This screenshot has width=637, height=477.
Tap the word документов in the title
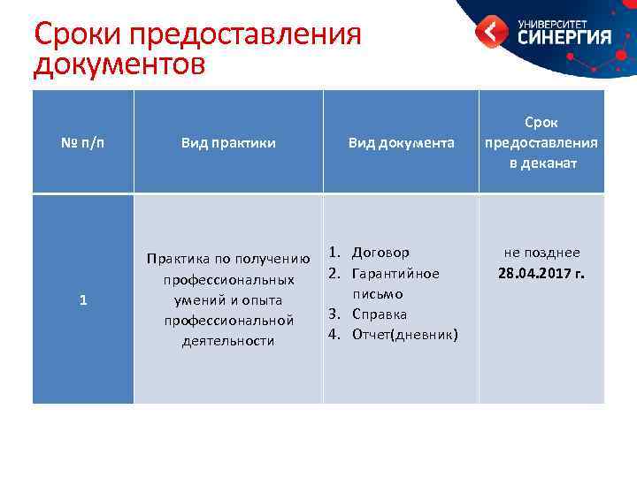click(x=119, y=65)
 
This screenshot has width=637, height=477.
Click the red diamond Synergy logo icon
click(x=491, y=33)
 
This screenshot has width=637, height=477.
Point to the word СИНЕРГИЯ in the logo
click(x=564, y=37)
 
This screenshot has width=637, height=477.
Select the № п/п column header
click(x=83, y=142)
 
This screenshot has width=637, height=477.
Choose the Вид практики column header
click(x=228, y=142)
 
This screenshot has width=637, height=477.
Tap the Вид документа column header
click(x=401, y=142)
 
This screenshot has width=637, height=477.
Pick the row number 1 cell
click(x=83, y=299)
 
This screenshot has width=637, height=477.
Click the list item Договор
click(x=380, y=253)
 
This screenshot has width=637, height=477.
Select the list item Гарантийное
click(x=395, y=273)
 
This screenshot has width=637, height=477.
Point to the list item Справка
click(x=380, y=314)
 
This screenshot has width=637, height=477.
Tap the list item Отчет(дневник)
click(x=404, y=334)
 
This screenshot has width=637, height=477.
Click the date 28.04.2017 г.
click(x=541, y=273)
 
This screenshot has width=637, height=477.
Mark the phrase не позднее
click(x=541, y=253)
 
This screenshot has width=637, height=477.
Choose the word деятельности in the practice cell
click(x=228, y=340)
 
